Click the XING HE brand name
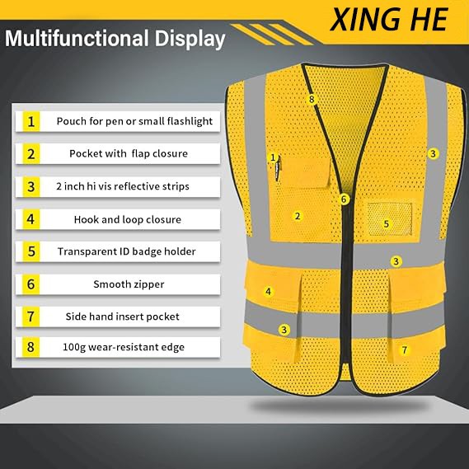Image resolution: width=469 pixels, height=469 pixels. [388, 20]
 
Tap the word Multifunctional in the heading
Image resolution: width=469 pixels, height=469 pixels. [77, 38]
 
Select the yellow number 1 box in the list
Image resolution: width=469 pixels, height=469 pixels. [31, 121]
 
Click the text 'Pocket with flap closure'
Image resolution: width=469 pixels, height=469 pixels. [129, 153]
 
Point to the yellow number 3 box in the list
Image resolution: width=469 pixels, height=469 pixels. [31, 186]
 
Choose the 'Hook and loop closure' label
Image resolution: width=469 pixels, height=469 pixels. [128, 219]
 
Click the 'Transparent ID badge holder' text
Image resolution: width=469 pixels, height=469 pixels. [126, 251]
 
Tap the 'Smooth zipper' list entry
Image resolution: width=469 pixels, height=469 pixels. [129, 284]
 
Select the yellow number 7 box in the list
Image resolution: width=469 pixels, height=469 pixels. [31, 317]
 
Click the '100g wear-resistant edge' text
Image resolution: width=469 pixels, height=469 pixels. [124, 347]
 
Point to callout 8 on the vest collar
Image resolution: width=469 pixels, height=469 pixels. [312, 99]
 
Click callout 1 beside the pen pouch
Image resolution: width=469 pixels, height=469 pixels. [273, 157]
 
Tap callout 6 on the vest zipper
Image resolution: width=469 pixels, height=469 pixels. [344, 199]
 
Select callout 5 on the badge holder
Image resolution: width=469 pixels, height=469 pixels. [386, 223]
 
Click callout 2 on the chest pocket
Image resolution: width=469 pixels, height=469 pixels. [298, 216]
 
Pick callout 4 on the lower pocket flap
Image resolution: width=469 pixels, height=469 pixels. [269, 291]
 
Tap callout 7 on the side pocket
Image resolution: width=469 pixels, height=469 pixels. [405, 349]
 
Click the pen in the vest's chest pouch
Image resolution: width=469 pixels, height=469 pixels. [278, 168]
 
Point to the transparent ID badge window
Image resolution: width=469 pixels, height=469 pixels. [389, 219]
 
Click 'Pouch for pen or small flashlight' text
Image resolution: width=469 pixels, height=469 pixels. [134, 121]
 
